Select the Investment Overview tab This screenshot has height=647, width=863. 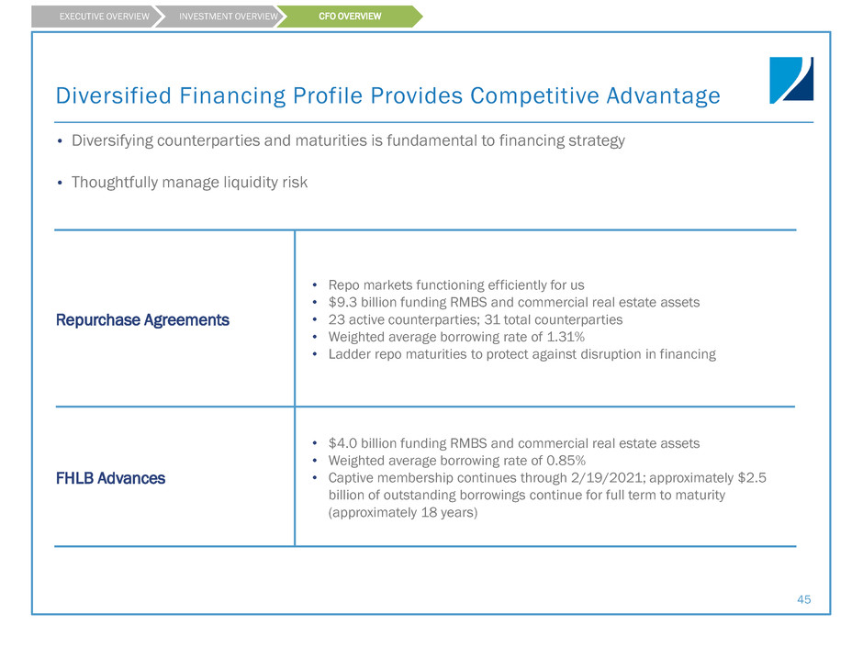point(222,17)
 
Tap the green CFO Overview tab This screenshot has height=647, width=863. point(350,17)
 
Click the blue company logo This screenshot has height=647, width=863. point(791,81)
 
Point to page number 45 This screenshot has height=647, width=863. point(803,599)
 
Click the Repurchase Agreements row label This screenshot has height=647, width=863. point(142,320)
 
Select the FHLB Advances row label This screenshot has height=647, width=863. point(110,479)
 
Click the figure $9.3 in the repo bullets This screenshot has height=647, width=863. point(342,303)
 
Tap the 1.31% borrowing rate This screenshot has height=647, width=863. point(566,337)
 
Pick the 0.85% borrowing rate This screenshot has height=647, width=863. point(566,461)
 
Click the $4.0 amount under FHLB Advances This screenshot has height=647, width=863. point(342,443)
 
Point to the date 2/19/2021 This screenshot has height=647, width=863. point(607,478)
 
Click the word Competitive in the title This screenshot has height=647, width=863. point(534,95)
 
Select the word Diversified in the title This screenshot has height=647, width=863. point(114,95)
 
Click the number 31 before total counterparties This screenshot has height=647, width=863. point(491,319)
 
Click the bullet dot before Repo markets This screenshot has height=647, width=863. point(315,285)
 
